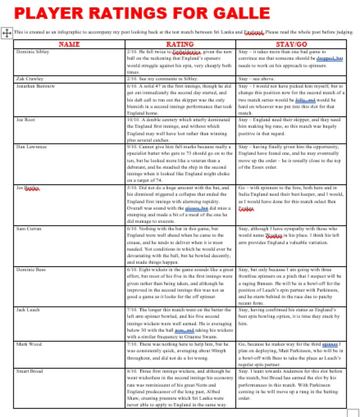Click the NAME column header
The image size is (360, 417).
[69, 44]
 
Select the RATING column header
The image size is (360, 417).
[180, 44]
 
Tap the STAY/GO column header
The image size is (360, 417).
[291, 44]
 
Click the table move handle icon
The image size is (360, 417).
[7, 33]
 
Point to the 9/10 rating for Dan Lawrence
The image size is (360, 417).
[133, 147]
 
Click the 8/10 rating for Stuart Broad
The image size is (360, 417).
[133, 371]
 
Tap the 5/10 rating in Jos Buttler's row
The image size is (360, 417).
[133, 188]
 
